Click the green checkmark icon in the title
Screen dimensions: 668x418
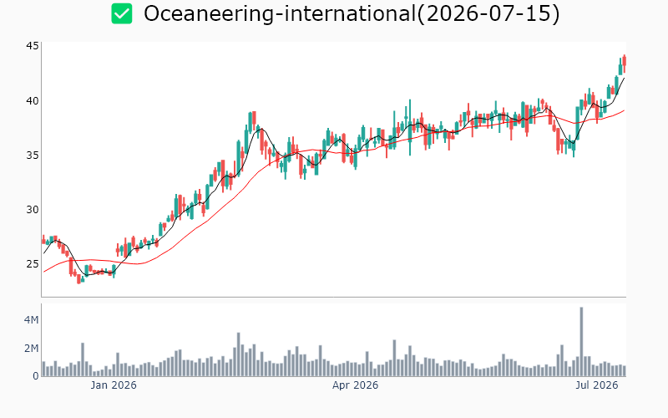[x=122, y=13]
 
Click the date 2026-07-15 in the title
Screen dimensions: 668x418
[x=488, y=13]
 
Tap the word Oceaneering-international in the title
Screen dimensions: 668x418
[x=279, y=13]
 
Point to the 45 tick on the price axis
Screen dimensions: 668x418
[x=33, y=46]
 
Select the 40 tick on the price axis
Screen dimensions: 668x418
[x=33, y=100]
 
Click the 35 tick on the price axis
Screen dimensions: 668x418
[x=33, y=155]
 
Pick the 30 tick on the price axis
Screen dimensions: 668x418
[x=33, y=210]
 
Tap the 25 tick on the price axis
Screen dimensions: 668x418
[x=33, y=263]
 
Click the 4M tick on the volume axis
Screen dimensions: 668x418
[x=31, y=319]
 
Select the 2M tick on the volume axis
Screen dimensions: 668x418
[x=31, y=349]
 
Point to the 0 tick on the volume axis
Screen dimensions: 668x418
[x=36, y=375]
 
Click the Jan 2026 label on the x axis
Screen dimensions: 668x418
[x=114, y=385]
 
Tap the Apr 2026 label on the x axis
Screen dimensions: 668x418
[x=356, y=385]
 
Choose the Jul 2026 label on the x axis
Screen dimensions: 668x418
[x=597, y=385]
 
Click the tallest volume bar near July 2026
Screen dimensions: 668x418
[x=581, y=342]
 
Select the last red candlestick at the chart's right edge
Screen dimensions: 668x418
[x=624, y=64]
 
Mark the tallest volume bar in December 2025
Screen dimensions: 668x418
[x=83, y=359]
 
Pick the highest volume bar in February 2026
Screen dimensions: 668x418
[x=239, y=354]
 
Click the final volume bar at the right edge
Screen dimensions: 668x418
[x=624, y=370]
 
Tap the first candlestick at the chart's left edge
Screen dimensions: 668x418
[x=43, y=240]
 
